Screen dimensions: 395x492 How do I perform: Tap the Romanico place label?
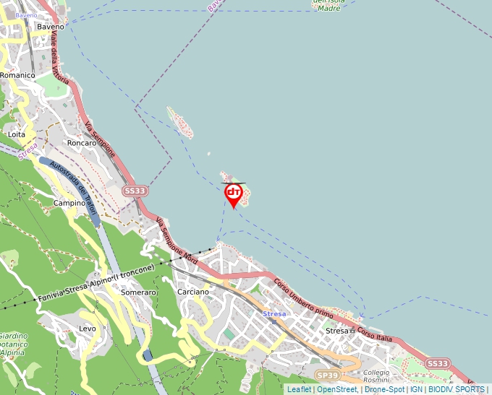[18, 75]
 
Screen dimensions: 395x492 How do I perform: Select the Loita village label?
[16, 134]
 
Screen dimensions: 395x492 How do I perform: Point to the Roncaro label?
[81, 143]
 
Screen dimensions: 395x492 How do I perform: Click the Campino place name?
[69, 204]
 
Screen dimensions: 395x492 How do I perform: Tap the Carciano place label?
[193, 292]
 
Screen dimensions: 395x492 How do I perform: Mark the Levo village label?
[87, 328]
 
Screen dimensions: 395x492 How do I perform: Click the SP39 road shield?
[327, 376]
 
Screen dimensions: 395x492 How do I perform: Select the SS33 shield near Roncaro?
[135, 191]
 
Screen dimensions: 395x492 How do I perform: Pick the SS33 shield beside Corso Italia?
[437, 363]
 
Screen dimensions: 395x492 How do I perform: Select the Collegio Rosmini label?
[376, 376]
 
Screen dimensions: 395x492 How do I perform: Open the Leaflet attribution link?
[298, 389]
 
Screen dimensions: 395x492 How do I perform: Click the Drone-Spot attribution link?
[384, 389]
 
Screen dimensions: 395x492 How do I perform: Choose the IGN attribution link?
[417, 389]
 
